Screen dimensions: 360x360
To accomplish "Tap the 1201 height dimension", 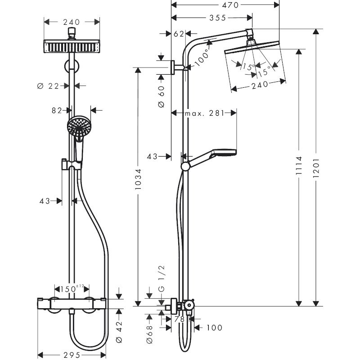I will tap(316, 167).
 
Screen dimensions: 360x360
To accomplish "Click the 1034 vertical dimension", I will tap(139, 179).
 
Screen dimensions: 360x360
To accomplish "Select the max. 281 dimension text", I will tap(204, 113).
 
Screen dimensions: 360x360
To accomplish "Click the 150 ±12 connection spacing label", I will tap(72, 288).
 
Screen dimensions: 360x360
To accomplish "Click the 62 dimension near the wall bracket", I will tap(179, 33).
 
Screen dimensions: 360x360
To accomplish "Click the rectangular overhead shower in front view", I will tap(72, 46).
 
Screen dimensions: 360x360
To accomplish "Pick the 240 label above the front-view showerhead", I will tap(71, 22).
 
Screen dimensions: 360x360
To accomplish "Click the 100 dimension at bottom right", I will tap(214, 328).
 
